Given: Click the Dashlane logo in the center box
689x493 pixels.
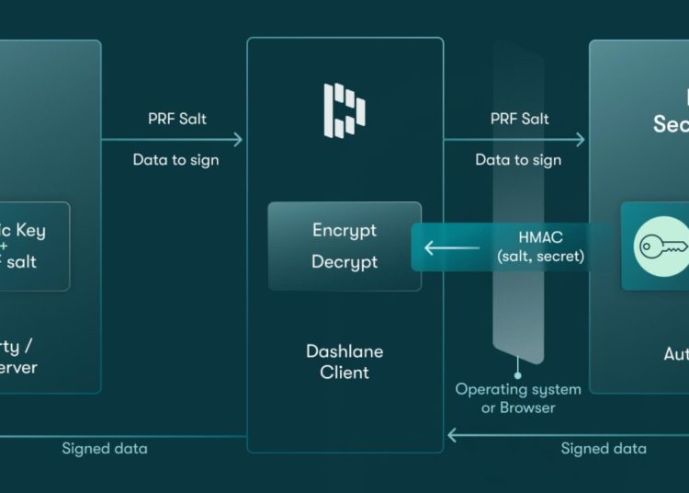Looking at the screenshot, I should pyautogui.click(x=344, y=109).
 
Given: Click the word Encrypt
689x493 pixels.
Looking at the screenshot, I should pyautogui.click(x=344, y=230).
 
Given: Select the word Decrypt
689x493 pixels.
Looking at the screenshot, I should pyautogui.click(x=344, y=262).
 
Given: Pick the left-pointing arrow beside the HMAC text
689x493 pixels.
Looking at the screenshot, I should pyautogui.click(x=451, y=246).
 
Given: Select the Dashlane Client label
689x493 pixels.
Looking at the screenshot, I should pyautogui.click(x=344, y=361).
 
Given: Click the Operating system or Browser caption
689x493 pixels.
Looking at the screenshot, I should pyautogui.click(x=519, y=398).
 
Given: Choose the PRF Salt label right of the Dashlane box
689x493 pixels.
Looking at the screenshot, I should pyautogui.click(x=519, y=119).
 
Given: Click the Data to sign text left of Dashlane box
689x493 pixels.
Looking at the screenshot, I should pyautogui.click(x=175, y=160).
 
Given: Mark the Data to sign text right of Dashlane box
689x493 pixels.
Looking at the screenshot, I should pyautogui.click(x=518, y=160).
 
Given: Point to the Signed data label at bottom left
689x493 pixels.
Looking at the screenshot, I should pyautogui.click(x=104, y=449).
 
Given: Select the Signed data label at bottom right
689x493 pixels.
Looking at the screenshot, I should pyautogui.click(x=604, y=449).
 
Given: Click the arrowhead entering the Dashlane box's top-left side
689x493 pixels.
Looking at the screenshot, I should pyautogui.click(x=239, y=140).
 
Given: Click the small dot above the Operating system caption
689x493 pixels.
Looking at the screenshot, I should pyautogui.click(x=519, y=375).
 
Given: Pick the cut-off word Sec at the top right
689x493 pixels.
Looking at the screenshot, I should pyautogui.click(x=671, y=123).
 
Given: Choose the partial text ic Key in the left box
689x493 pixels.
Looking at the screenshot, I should pyautogui.click(x=22, y=230).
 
